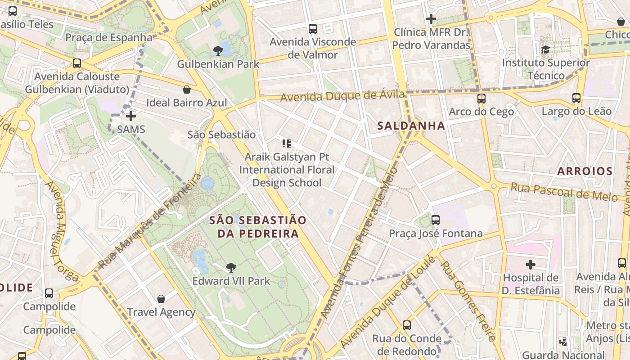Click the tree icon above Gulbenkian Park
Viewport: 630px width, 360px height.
point(218,50)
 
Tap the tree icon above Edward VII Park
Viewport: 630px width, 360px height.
point(231,268)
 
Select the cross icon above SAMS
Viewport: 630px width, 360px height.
point(131,116)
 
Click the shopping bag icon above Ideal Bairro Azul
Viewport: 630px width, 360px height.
point(186,90)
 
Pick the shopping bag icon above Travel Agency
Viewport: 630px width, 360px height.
point(161,299)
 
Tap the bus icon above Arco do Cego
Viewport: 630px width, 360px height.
point(481,98)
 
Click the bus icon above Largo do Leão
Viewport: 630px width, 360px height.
point(576,98)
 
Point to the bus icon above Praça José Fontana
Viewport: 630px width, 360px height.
point(436,220)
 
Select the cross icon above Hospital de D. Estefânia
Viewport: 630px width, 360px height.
point(531,264)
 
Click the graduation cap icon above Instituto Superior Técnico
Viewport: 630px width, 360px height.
point(546,49)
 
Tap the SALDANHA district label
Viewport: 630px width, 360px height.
point(412,126)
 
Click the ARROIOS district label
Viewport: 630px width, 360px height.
point(585,171)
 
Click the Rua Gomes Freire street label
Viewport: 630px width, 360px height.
point(468,301)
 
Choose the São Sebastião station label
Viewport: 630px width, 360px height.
point(221,135)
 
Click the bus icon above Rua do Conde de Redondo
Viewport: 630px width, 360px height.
point(407,325)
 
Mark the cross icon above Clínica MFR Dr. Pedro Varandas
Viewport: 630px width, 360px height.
point(431,19)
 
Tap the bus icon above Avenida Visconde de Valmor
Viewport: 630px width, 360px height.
point(313,29)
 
